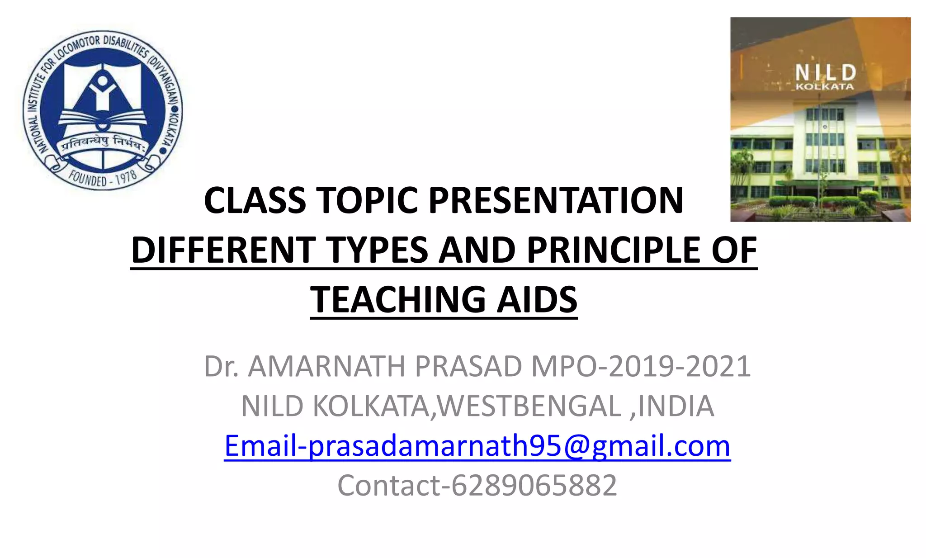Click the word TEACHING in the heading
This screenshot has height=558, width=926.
pos(397,300)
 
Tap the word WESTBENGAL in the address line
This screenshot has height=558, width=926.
pos(529,406)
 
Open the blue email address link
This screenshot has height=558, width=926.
pos(477,446)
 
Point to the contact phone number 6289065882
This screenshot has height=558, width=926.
pos(534,485)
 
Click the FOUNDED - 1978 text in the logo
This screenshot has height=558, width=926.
pos(103,178)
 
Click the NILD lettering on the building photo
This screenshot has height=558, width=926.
pos(825,72)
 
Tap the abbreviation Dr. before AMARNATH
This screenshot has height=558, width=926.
pos(221,366)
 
